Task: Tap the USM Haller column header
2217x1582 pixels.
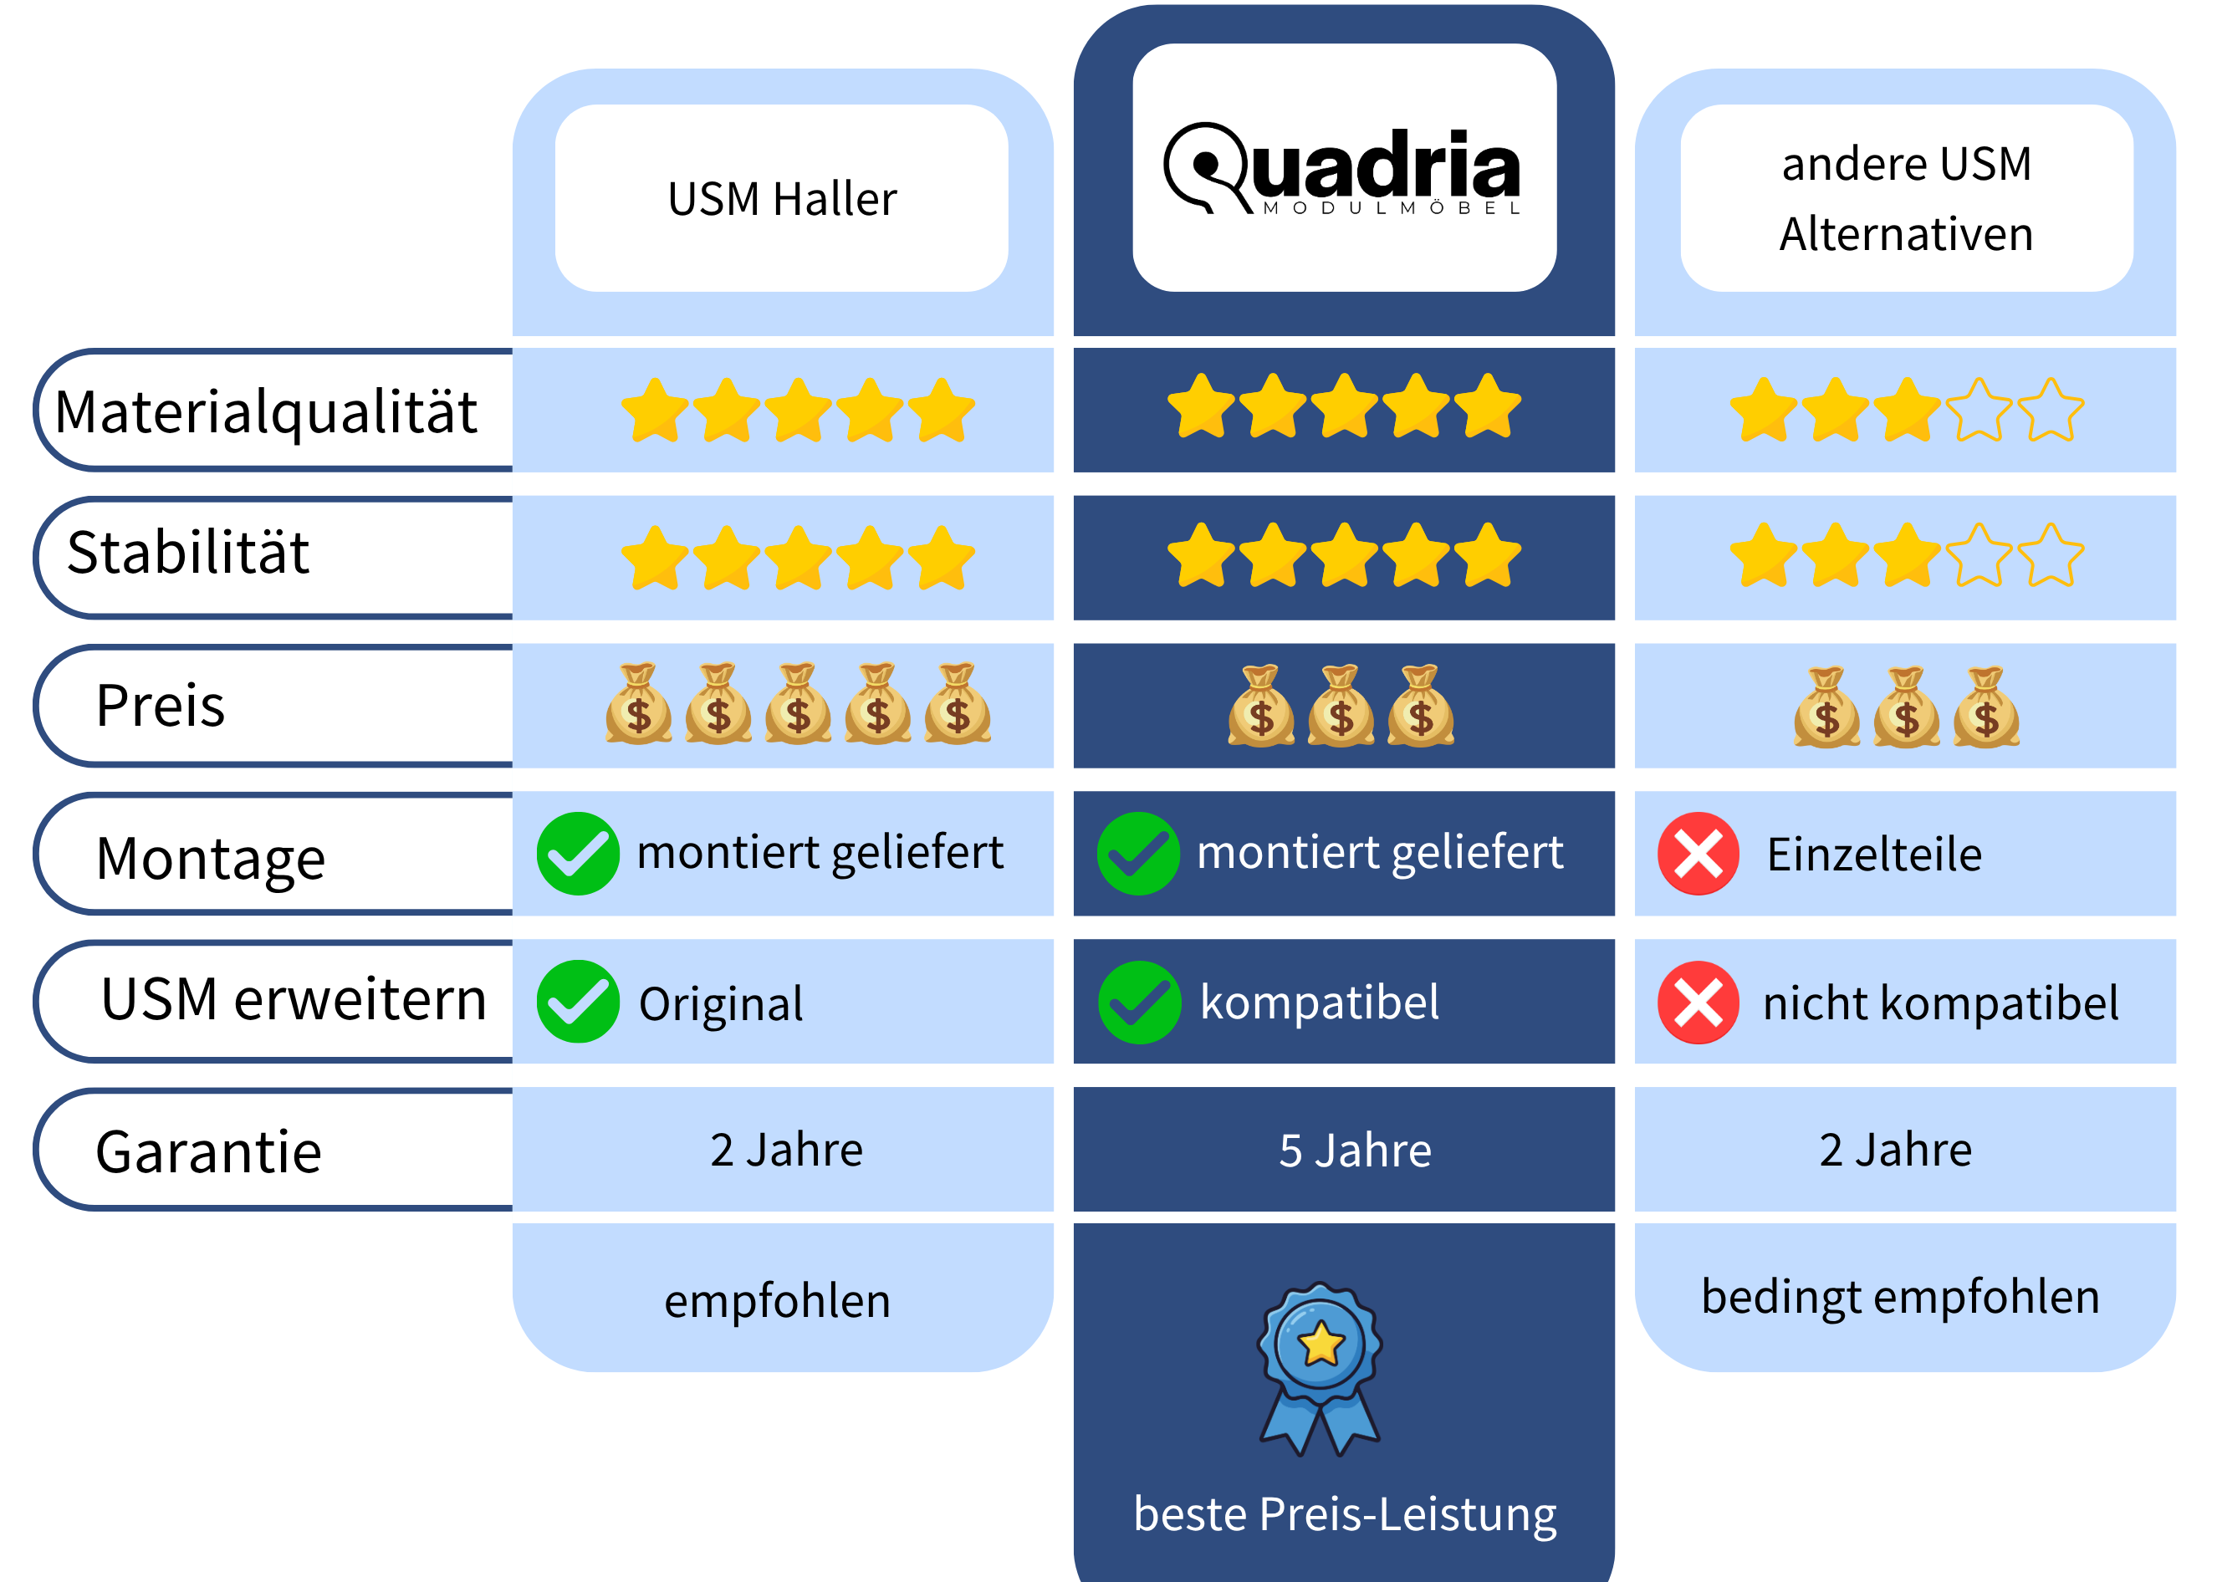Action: tap(781, 199)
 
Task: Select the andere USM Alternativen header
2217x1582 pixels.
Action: tap(1905, 199)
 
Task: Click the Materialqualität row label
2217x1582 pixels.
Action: tap(266, 411)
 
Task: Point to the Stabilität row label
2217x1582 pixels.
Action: tap(188, 553)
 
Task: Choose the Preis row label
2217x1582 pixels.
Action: tap(161, 705)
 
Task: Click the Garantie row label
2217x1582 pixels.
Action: tap(208, 1151)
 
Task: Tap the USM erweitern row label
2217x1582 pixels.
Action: tap(294, 999)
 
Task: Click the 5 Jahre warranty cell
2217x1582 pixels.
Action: tap(1355, 1151)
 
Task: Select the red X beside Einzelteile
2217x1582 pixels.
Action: tap(1698, 855)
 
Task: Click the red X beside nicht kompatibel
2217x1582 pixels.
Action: tap(1698, 1003)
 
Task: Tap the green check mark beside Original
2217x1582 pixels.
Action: tap(578, 1003)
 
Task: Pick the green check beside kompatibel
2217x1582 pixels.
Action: tap(1139, 1003)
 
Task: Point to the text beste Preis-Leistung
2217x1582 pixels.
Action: tap(1344, 1513)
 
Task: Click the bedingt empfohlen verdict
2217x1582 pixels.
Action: tap(1900, 1298)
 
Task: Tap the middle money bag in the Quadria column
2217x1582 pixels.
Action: tap(1341, 707)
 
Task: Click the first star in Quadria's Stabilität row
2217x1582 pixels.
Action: tap(1200, 555)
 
